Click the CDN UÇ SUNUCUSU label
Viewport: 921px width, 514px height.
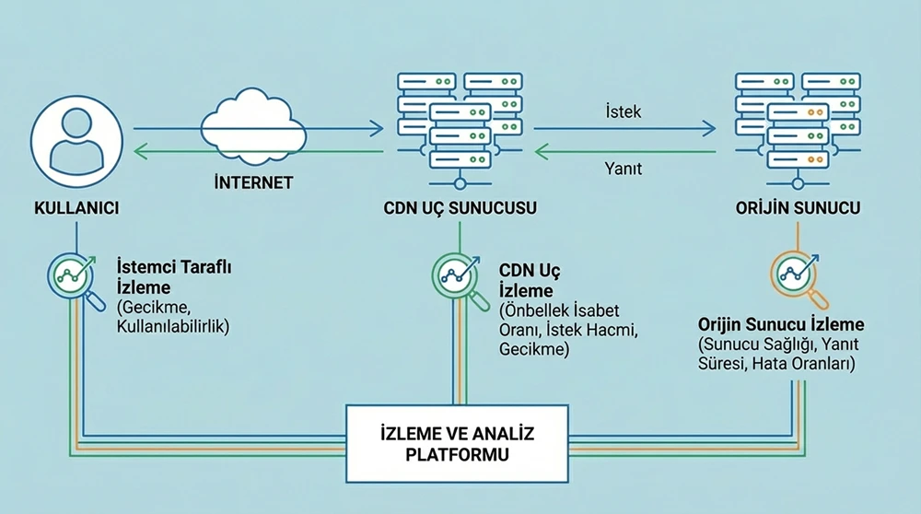pyautogui.click(x=460, y=208)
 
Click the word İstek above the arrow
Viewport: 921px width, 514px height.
pyautogui.click(x=624, y=112)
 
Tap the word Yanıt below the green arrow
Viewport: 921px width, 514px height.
pyautogui.click(x=623, y=169)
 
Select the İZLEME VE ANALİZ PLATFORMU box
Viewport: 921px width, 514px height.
pyautogui.click(x=458, y=443)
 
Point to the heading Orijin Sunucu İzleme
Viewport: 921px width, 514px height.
pyautogui.click(x=780, y=325)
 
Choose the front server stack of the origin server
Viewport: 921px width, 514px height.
pyautogui.click(x=797, y=138)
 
